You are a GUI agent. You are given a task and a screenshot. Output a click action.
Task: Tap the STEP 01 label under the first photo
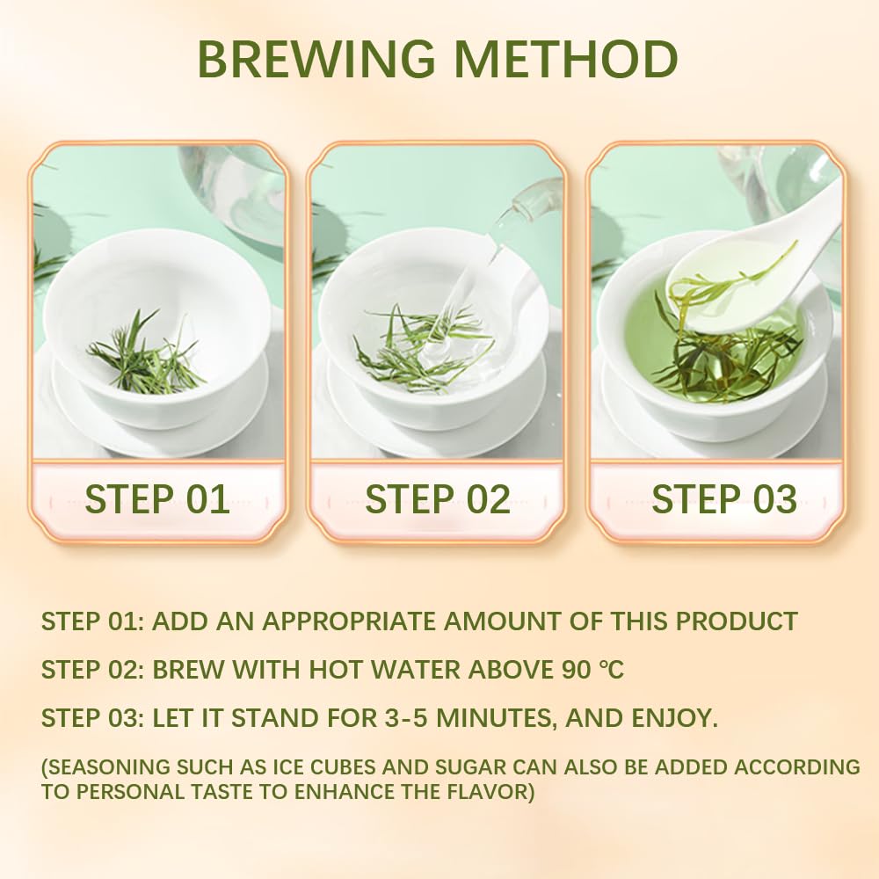[157, 500]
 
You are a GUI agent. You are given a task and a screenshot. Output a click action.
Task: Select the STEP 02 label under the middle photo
[438, 500]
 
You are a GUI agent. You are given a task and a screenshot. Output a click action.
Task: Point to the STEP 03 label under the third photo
[724, 500]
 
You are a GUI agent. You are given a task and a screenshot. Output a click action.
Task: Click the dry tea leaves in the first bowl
[146, 356]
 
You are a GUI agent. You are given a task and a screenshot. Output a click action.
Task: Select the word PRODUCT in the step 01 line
[736, 621]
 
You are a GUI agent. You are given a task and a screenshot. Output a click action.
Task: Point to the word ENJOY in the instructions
[672, 718]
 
